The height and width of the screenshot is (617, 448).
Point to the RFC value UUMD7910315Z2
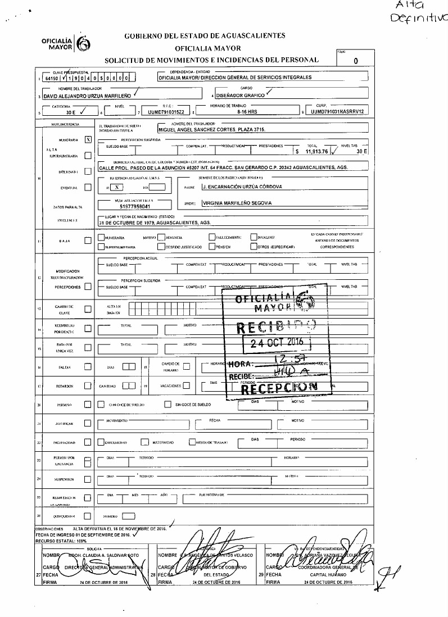coord(166,112)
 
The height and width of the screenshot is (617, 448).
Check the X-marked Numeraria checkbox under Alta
coord(88,139)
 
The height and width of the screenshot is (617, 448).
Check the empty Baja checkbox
coord(88,241)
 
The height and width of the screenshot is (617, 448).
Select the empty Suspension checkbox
coord(88,479)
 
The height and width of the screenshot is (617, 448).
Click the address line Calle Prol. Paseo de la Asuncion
coord(223,168)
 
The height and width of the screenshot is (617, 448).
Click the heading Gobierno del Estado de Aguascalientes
coord(205,36)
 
